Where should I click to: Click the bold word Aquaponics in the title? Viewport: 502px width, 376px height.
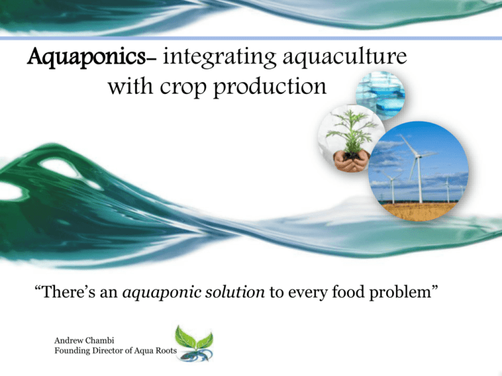point(86,57)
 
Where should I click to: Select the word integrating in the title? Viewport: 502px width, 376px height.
point(220,57)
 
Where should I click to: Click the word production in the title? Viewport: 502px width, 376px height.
point(269,86)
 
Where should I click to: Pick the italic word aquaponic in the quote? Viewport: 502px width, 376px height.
point(161,292)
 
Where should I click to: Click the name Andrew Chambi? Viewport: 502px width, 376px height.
point(84,341)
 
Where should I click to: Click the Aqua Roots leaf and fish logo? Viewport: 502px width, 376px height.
point(194,344)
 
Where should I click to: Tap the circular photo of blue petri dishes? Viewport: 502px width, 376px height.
point(380,95)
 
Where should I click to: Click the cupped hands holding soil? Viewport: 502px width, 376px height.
point(351,161)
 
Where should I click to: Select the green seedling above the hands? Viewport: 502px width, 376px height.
point(351,132)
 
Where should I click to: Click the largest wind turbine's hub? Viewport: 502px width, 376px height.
point(417,157)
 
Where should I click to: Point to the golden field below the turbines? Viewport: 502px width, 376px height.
point(418,211)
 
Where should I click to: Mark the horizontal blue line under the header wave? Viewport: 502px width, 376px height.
point(251,39)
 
